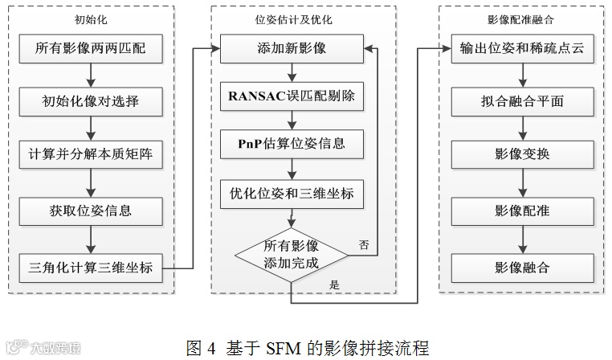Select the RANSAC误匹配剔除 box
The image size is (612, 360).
click(x=292, y=99)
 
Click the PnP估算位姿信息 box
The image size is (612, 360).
click(x=292, y=145)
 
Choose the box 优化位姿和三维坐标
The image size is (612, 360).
click(x=292, y=193)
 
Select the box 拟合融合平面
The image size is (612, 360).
click(x=523, y=102)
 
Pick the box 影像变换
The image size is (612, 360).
click(x=523, y=154)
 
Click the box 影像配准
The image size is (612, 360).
click(x=523, y=211)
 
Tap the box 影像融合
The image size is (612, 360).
click(x=523, y=267)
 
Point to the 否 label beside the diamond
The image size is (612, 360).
click(x=364, y=245)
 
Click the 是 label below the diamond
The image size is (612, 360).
click(x=334, y=284)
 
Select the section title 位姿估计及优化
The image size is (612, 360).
click(x=292, y=18)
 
